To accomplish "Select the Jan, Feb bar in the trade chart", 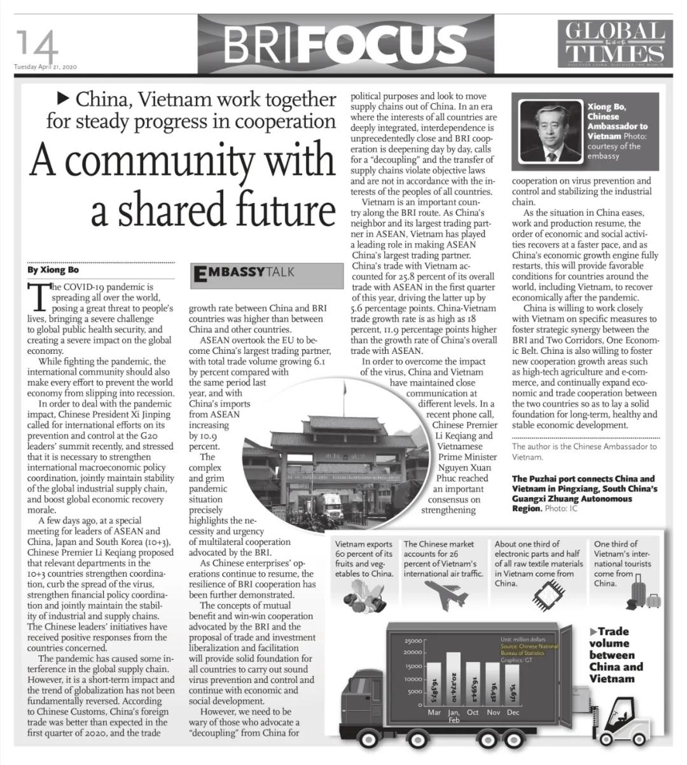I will (x=454, y=678).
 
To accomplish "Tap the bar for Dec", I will (x=512, y=685).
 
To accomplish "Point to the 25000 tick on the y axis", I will (x=413, y=640).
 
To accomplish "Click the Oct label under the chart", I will (x=473, y=712).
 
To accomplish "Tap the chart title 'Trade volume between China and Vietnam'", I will (x=616, y=655).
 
